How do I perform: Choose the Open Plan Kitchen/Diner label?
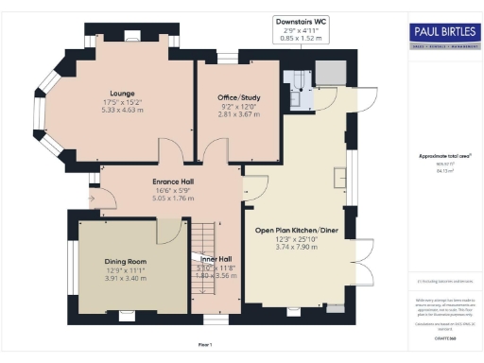[297, 229]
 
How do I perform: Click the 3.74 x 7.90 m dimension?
[297, 248]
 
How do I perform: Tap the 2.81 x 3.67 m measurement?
[238, 112]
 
